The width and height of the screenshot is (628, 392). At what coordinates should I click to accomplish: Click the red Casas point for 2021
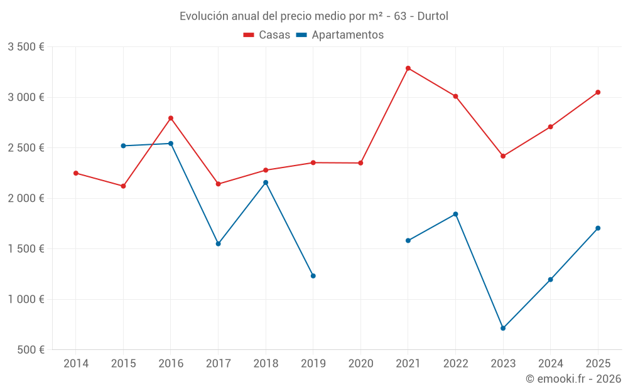[x=408, y=68]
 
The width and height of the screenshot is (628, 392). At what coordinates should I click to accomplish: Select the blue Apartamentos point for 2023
[x=503, y=328]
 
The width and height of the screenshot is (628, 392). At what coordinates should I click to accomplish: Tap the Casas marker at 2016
[x=171, y=118]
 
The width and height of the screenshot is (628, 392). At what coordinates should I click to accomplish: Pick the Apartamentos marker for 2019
[x=313, y=276]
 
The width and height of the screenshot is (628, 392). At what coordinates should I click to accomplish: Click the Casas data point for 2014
[x=76, y=173]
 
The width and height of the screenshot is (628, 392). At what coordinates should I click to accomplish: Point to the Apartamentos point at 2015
[x=123, y=146]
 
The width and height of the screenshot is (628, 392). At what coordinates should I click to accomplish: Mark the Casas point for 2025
[x=598, y=92]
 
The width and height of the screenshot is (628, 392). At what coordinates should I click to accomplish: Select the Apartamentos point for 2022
[x=455, y=214]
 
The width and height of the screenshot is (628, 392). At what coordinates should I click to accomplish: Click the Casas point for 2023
[x=503, y=156]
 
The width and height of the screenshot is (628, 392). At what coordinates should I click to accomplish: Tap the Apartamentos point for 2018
[x=266, y=183]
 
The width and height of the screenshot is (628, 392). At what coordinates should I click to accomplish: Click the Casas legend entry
[x=267, y=35]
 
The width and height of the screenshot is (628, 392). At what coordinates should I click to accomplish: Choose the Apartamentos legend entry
[x=340, y=35]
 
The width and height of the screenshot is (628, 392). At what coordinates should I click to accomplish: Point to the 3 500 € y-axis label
[x=26, y=47]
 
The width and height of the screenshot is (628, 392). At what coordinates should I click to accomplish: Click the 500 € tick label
[x=30, y=350]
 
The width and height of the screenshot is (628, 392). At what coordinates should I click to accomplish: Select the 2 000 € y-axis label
[x=26, y=198]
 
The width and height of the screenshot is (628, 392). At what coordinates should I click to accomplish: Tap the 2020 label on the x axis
[x=360, y=363]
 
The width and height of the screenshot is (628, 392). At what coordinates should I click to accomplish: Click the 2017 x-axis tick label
[x=218, y=363]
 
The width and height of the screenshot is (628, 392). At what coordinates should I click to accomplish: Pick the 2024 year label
[x=550, y=363]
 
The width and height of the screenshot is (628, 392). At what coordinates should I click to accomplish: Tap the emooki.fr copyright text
[x=573, y=379]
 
